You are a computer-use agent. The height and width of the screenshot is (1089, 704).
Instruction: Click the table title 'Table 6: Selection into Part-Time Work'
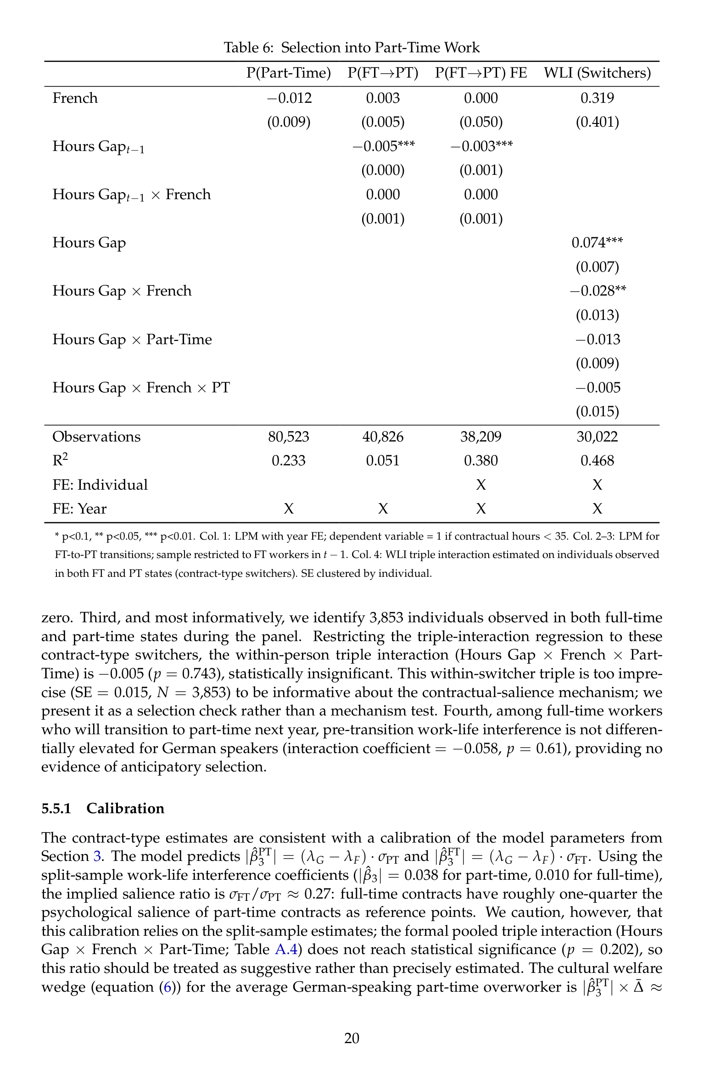(352, 47)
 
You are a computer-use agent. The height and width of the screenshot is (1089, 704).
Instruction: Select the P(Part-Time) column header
(288, 73)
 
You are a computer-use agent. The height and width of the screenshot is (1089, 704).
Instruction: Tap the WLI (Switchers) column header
(597, 73)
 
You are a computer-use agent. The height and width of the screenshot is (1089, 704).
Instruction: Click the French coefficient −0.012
(289, 98)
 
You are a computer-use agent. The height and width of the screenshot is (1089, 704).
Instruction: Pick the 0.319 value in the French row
(597, 98)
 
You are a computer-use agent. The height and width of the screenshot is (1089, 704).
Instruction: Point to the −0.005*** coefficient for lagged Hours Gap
(383, 146)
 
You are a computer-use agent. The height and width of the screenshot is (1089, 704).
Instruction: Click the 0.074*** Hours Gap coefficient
(597, 243)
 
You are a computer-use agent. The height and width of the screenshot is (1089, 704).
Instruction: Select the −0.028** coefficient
(598, 291)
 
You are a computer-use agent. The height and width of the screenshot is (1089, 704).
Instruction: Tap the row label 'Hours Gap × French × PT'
(141, 388)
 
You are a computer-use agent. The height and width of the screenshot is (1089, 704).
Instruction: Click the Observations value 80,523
(289, 436)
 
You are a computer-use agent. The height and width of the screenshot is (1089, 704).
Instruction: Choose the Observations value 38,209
(481, 436)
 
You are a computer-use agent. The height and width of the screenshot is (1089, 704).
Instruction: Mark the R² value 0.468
(597, 461)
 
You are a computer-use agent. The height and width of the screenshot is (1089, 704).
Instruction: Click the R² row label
(60, 460)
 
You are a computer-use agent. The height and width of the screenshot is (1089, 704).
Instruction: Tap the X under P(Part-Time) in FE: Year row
(289, 509)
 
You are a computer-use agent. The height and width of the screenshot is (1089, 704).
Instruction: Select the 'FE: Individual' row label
(100, 485)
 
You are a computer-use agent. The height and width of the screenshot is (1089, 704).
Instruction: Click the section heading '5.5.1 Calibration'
(103, 808)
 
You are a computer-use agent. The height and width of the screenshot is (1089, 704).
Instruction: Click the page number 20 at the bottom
(352, 1038)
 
